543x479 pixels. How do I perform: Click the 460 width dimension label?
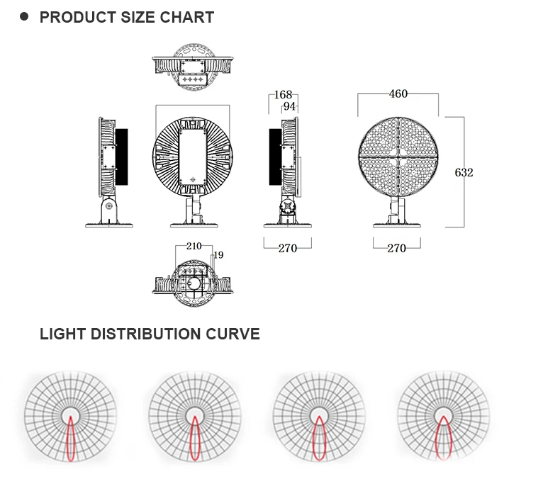(x=398, y=94)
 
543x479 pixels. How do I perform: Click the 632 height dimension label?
(x=464, y=172)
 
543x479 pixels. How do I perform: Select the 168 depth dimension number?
(x=284, y=94)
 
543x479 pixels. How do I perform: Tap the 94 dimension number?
(x=289, y=106)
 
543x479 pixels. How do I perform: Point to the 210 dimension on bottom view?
(x=194, y=246)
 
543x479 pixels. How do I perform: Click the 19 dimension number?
(x=218, y=254)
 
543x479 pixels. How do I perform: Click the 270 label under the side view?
(x=287, y=248)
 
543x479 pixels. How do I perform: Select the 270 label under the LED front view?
(x=396, y=248)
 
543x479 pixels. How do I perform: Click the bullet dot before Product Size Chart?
(x=24, y=16)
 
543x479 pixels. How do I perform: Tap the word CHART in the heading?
(x=189, y=18)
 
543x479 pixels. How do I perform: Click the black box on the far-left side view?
(x=121, y=157)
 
